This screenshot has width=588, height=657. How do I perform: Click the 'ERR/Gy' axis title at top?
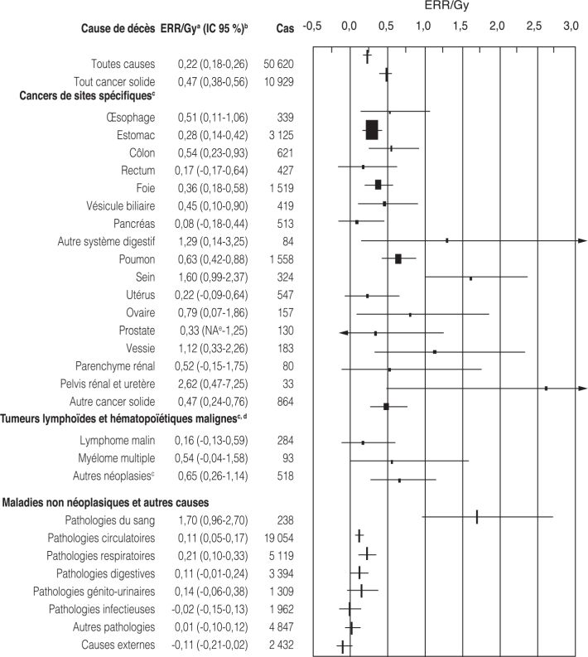pyautogui.click(x=441, y=7)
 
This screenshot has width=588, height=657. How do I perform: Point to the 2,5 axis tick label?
pyautogui.click(x=533, y=27)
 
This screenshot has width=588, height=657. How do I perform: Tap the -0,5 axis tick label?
pyautogui.click(x=312, y=27)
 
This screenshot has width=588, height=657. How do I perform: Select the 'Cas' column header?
pyautogui.click(x=284, y=29)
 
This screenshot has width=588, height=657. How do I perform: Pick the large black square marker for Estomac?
pyautogui.click(x=372, y=130)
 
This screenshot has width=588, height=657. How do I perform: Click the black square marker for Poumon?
pyautogui.click(x=398, y=258)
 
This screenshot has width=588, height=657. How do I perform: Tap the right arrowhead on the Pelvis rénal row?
pyautogui.click(x=581, y=388)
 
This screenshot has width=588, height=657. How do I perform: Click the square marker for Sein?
pyautogui.click(x=471, y=278)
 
